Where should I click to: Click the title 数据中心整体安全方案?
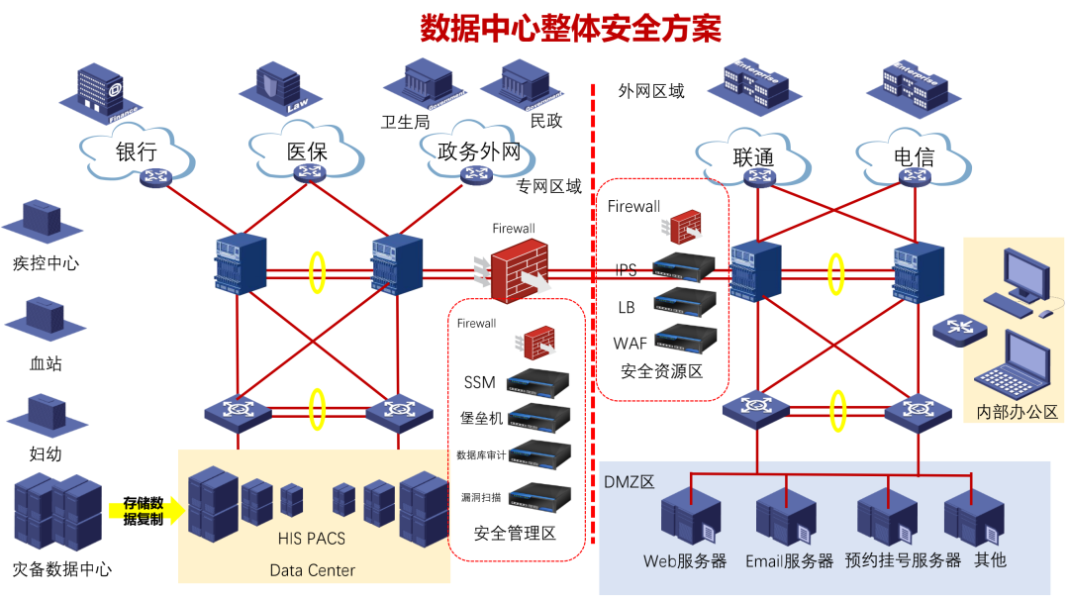[x=571, y=27]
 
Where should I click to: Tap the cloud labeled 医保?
[x=306, y=152]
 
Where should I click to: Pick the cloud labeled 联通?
[x=753, y=157]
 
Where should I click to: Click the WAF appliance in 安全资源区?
[x=684, y=339]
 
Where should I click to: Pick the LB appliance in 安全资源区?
[x=684, y=302]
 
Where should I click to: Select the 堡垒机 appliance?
[x=538, y=416]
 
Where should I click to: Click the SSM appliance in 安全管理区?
[x=538, y=381]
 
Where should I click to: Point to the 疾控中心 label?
[x=46, y=263]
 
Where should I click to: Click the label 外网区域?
[x=650, y=91]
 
